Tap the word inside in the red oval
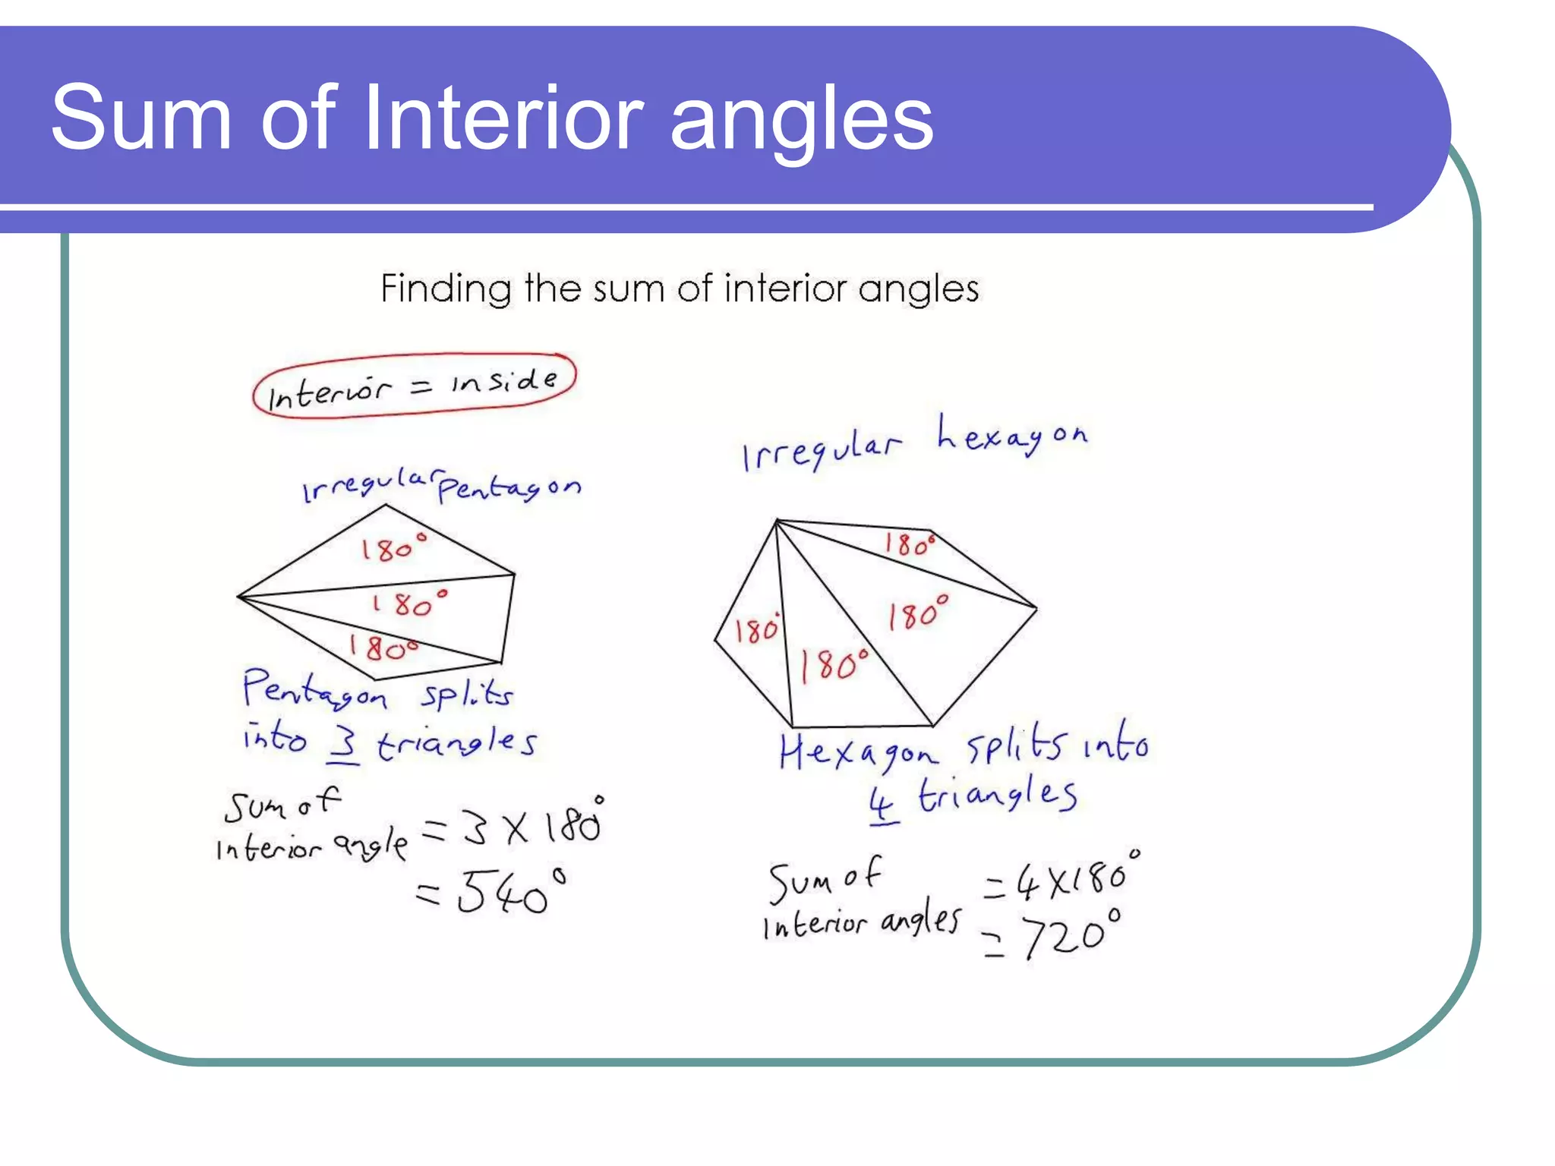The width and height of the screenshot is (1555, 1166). click(504, 380)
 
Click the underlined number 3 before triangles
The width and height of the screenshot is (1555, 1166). click(343, 744)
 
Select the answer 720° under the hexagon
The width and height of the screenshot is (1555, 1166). click(1071, 935)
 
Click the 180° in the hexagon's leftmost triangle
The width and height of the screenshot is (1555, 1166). click(757, 629)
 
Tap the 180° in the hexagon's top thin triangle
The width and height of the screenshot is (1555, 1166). click(909, 544)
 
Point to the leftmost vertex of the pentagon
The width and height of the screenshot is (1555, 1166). click(238, 597)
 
